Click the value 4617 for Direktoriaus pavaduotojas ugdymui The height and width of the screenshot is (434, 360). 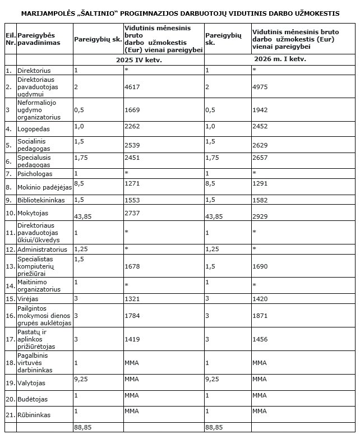click(x=132, y=88)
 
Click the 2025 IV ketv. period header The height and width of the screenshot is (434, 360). click(x=139, y=59)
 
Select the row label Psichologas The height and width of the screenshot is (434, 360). click(x=36, y=174)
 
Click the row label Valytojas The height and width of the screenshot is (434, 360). click(x=32, y=384)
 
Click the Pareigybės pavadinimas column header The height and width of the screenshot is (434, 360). click(x=38, y=39)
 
